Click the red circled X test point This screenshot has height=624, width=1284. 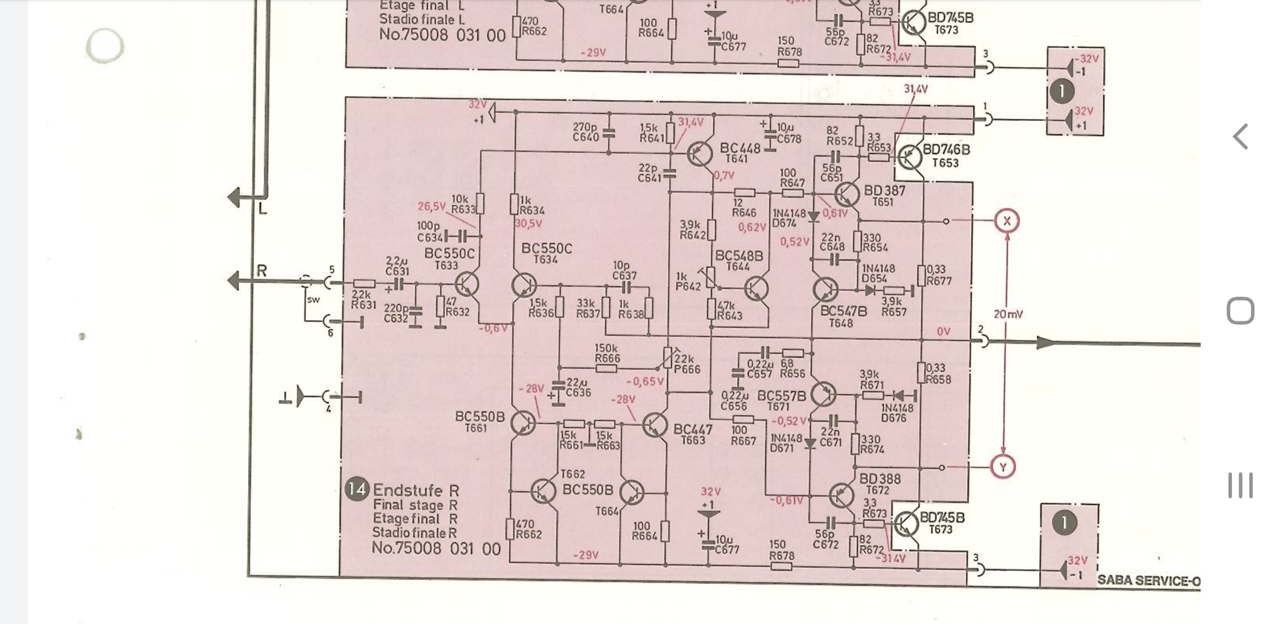point(1006,221)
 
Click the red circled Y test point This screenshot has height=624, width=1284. point(1002,467)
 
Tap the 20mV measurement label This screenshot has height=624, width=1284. point(1008,314)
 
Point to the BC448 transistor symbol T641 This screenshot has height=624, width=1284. point(700,154)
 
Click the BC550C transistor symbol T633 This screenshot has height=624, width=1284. point(468,284)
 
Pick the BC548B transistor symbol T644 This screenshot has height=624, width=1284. point(756,289)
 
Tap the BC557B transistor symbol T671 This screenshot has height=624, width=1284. point(823,395)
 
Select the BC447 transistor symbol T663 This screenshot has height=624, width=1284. point(655,425)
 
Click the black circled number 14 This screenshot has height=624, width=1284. point(357,490)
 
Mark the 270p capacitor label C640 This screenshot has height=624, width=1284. point(585,132)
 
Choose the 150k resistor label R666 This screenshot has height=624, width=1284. point(607,353)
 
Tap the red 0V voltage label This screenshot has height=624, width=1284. point(943,332)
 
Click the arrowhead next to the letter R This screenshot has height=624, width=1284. point(234,281)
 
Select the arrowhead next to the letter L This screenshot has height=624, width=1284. point(234,198)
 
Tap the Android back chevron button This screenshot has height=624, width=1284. point(1241,136)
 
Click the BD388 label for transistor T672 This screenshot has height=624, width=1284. point(879,479)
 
